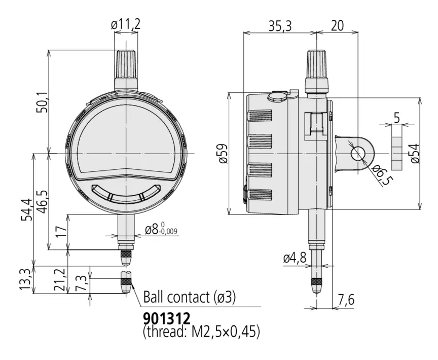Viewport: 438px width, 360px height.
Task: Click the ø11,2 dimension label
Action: click(125, 25)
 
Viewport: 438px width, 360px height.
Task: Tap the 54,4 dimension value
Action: click(27, 209)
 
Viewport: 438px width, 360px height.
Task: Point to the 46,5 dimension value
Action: click(42, 202)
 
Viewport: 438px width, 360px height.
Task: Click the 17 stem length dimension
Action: click(61, 232)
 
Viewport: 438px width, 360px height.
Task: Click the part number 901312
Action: click(167, 318)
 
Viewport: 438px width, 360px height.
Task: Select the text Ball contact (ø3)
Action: click(190, 297)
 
